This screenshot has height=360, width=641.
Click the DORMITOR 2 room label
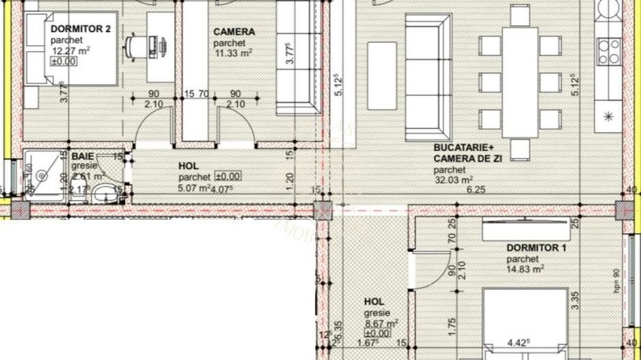[80, 29]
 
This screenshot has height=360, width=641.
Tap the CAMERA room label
[234, 31]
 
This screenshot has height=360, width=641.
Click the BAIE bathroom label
[83, 156]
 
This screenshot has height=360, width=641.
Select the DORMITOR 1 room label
[536, 248]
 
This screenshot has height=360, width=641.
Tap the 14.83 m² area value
[525, 270]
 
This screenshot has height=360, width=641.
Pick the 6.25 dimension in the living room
[476, 191]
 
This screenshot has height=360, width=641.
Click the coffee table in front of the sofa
[381, 75]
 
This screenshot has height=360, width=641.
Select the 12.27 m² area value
[70, 51]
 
